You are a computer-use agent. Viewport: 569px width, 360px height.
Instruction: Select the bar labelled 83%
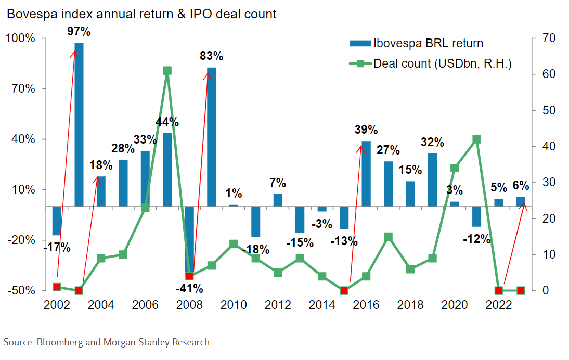pos(211,136)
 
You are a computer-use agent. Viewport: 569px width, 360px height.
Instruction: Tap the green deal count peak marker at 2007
pos(167,71)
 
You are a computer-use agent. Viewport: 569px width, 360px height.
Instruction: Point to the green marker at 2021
pos(476,139)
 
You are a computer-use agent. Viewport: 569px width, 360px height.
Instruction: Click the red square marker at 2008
pos(189,276)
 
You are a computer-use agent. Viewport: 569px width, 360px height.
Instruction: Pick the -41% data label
pos(189,288)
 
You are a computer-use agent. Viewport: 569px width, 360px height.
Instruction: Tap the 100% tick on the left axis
pos(21,38)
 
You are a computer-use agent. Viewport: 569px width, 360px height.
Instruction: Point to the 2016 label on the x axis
pos(366,305)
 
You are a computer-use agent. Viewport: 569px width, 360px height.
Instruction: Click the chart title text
pos(141,14)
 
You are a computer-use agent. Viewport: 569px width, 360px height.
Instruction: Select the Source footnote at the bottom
pos(107,342)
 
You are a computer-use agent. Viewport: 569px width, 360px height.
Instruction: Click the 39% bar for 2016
pos(366,173)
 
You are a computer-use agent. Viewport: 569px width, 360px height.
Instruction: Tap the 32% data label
pos(432,142)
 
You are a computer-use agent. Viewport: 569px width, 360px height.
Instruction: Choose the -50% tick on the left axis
pos(21,290)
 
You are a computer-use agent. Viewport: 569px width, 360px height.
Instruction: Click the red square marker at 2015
pos(344,290)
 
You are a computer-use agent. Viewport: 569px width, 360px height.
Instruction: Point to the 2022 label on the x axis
pos(498,305)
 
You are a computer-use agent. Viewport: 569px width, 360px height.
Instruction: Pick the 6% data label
pos(520,185)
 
